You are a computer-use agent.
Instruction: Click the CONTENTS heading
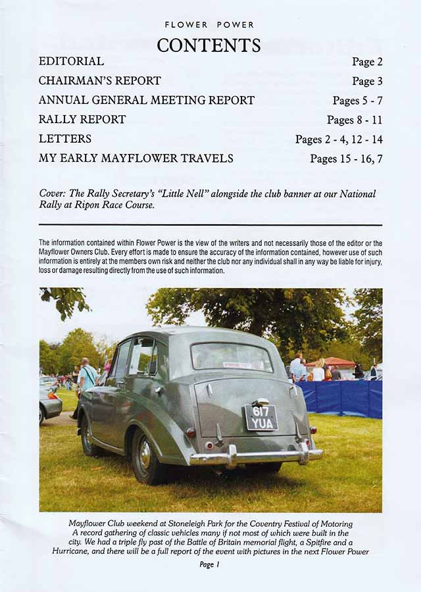209,45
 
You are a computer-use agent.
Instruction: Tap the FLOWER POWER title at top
209,25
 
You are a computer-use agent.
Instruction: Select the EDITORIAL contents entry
71,61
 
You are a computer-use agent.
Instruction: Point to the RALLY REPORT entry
82,120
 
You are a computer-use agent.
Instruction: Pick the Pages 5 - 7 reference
357,101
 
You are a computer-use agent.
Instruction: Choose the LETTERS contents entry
65,139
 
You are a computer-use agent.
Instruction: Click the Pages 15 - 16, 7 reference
346,159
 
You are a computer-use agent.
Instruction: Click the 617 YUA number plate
261,417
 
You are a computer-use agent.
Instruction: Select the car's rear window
231,357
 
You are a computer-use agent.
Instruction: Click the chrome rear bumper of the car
257,455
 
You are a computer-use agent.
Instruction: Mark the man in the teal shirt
87,378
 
